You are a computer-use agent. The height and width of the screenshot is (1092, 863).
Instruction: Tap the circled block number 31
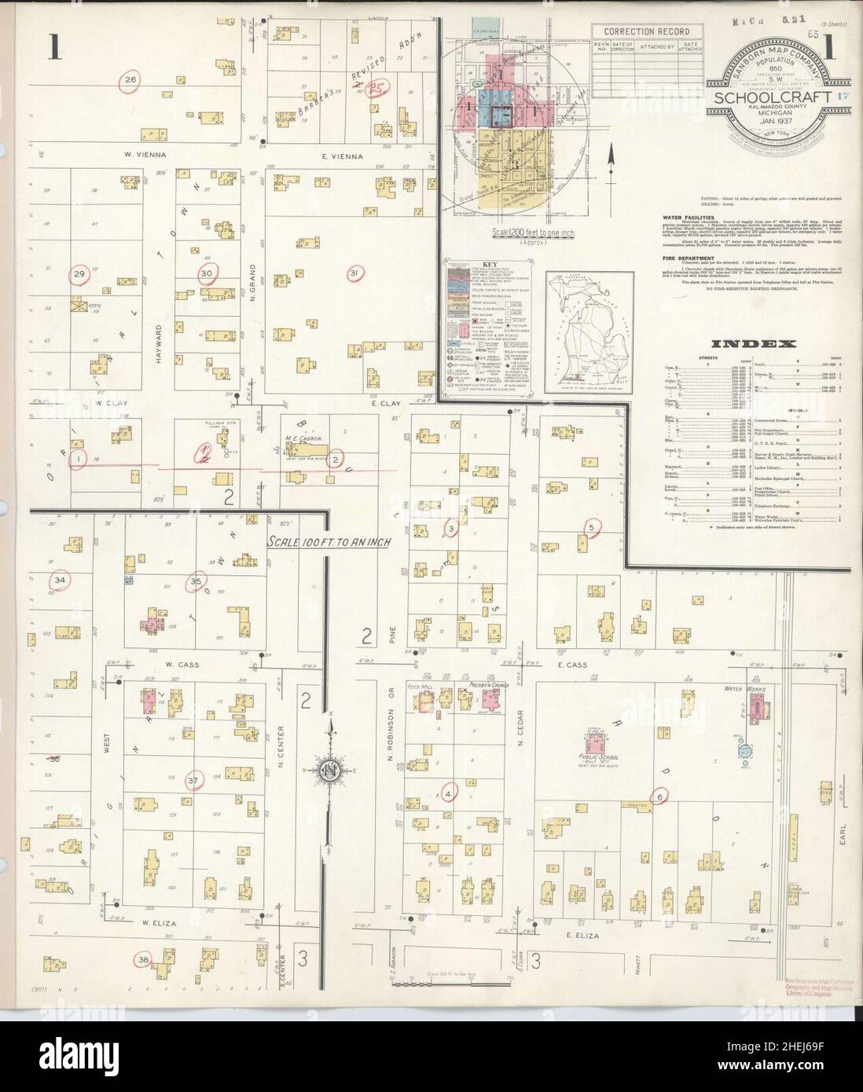click(354, 273)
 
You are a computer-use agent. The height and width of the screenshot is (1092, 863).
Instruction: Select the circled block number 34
click(60, 581)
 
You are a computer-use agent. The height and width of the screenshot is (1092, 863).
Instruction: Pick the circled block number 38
click(143, 959)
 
